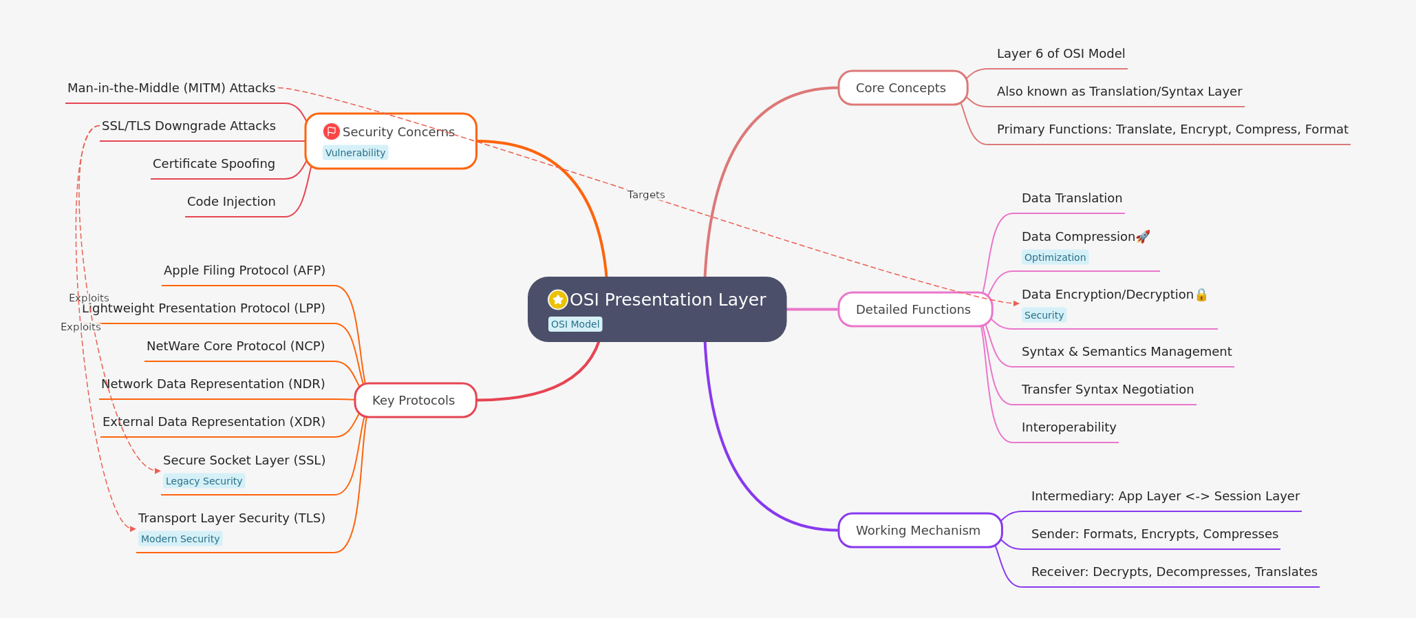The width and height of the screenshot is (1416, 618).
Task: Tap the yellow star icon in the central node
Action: (557, 299)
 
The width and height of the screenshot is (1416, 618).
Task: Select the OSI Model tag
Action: (575, 324)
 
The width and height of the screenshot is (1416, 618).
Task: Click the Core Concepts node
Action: (902, 88)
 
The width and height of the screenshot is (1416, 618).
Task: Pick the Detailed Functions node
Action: (914, 310)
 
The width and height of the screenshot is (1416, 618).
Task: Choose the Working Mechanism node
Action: (919, 531)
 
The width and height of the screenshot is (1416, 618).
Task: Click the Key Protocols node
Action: (415, 401)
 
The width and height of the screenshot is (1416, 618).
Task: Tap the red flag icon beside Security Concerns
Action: (332, 131)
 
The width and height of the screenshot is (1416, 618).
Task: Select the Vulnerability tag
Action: (355, 153)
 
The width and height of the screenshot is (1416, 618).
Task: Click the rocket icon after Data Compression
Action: (1143, 237)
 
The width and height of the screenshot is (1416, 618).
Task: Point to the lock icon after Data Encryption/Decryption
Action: (1201, 295)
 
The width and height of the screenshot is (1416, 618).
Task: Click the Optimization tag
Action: (1055, 257)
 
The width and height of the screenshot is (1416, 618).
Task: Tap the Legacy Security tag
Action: (204, 481)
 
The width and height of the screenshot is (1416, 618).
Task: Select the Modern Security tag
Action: (180, 539)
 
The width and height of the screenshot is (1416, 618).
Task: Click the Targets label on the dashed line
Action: (646, 195)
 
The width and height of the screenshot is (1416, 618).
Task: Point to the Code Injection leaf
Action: (231, 202)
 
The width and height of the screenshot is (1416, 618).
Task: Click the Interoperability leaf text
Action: (1069, 427)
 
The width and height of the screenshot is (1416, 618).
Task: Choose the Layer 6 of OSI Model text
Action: (1060, 54)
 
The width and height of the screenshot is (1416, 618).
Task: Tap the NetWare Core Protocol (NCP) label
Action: (235, 346)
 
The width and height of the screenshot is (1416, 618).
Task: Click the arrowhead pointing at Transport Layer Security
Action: (133, 529)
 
